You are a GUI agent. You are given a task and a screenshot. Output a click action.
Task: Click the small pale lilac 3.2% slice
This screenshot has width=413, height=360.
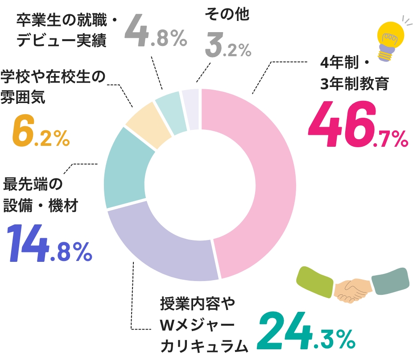pos(191,109)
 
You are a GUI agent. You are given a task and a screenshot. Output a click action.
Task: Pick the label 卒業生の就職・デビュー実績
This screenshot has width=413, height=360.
pos(66,31)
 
